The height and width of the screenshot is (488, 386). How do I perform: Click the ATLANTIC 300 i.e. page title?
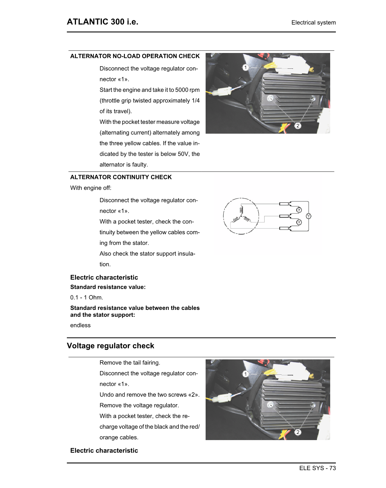[102, 22]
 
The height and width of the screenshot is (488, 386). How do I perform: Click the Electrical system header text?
[313, 23]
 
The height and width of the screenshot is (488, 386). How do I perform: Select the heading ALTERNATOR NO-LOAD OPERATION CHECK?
[135, 56]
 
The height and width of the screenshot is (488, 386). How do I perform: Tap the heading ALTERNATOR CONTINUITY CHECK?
[121, 177]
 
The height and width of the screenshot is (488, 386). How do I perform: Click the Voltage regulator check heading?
[110, 346]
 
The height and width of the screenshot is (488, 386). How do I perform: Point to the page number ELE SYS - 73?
[317, 468]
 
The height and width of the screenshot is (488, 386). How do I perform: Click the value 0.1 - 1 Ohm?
[86, 298]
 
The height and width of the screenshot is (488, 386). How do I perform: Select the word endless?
[80, 325]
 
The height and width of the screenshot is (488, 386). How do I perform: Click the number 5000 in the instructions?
[182, 90]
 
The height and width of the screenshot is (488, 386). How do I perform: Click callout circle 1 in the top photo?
[245, 67]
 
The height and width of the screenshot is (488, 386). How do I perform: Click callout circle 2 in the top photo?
[298, 125]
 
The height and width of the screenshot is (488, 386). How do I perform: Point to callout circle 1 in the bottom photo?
[245, 374]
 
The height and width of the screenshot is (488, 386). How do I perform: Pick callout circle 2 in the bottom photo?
[298, 432]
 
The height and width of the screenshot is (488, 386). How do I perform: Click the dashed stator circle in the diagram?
[241, 216]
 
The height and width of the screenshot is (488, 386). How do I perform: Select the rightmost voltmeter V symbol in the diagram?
[308, 216]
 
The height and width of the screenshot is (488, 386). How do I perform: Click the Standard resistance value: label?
[108, 287]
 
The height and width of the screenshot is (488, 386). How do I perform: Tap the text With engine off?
[91, 188]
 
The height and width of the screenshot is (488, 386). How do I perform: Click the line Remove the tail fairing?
[130, 363]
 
